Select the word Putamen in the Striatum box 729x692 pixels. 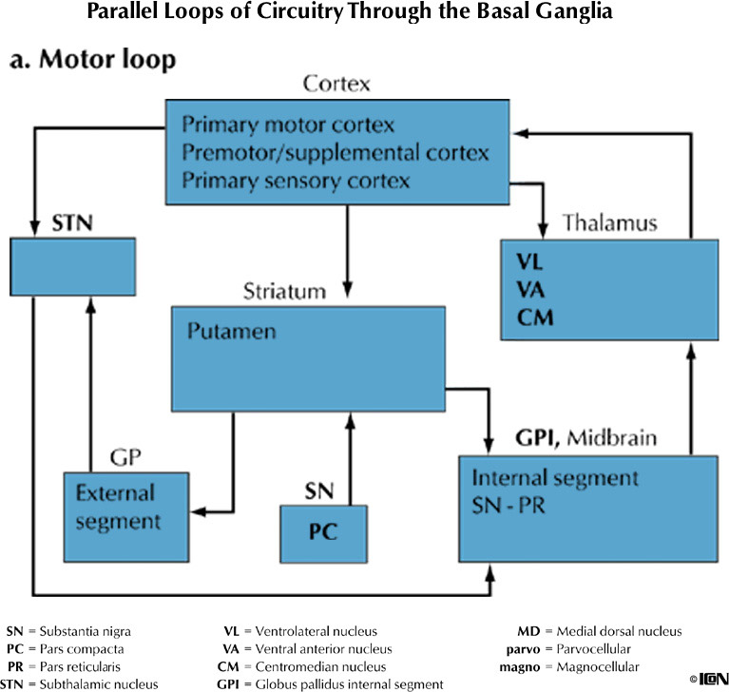[x=222, y=333]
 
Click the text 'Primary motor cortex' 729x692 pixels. [x=275, y=125]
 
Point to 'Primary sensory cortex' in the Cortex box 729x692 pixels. [x=282, y=180]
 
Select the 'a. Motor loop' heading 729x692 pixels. [x=92, y=61]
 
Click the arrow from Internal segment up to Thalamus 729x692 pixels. [x=691, y=399]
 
